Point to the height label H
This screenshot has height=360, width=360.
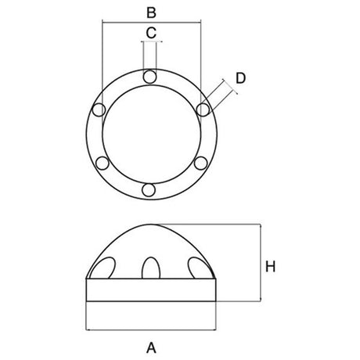270,266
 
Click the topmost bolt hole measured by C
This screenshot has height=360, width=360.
150,76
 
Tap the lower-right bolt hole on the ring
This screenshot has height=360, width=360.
201,163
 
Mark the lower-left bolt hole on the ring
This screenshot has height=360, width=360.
100,163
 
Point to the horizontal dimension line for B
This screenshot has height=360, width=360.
151,21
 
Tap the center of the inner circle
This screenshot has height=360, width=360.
150,134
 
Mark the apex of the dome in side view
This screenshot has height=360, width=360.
150,225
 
